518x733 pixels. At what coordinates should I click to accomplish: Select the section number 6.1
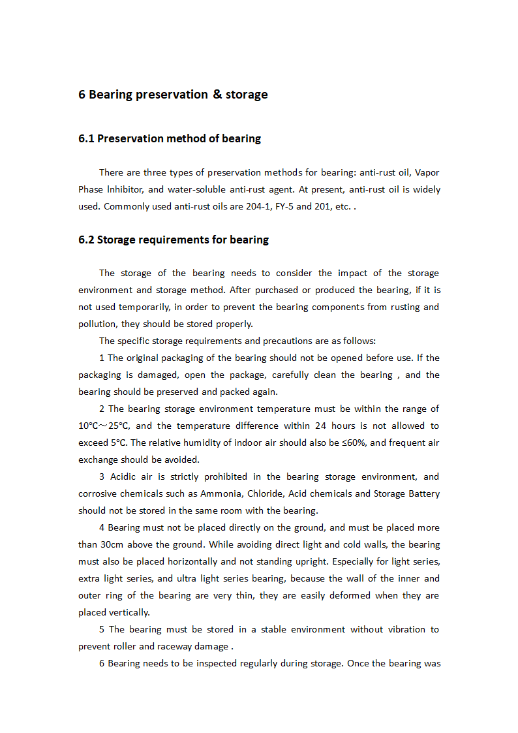click(86, 138)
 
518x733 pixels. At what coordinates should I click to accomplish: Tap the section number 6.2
click(86, 240)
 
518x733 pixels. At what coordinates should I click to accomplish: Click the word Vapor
click(427, 172)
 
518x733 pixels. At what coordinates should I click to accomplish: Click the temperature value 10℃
click(88, 426)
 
